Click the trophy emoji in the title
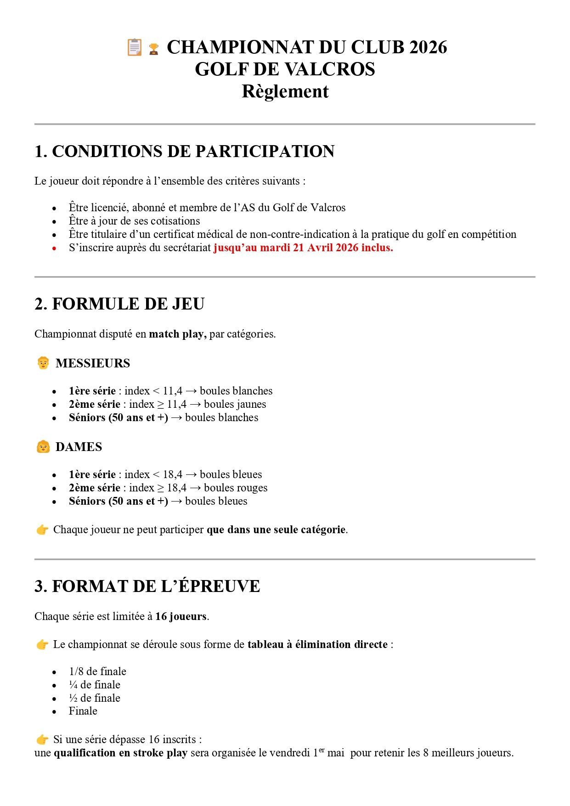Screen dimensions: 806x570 click(154, 49)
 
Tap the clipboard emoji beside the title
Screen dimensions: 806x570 click(135, 47)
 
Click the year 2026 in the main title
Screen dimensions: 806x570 click(428, 47)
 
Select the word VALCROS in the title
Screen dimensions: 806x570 click(336, 69)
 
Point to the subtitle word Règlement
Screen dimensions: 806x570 click(285, 91)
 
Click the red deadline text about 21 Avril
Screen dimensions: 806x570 click(303, 248)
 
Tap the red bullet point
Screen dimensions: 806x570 click(54, 248)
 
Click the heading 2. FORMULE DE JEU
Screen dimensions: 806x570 click(119, 304)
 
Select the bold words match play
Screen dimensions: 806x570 click(177, 334)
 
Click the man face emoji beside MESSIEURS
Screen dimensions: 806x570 click(43, 363)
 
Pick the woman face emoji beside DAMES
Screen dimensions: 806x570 click(43, 446)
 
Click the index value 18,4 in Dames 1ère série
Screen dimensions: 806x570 click(173, 474)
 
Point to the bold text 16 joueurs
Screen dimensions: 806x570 click(181, 616)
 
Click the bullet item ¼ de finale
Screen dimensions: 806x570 click(95, 685)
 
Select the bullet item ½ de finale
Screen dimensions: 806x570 click(95, 698)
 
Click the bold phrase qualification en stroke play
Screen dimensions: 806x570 click(120, 753)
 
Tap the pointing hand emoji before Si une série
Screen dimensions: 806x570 click(42, 739)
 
